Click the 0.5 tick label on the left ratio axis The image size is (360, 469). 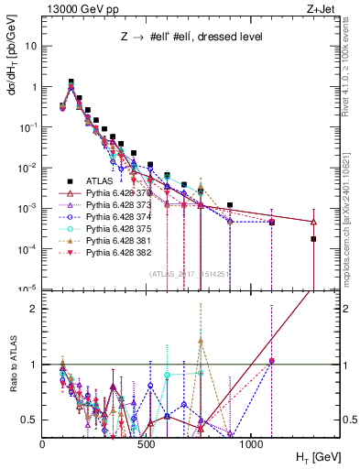30,420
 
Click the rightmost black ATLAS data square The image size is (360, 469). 313,239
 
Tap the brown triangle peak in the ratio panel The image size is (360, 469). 201,339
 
